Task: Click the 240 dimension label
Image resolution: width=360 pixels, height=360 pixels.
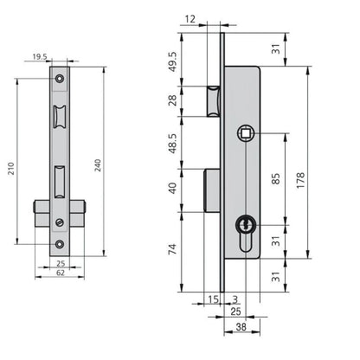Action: tap(98, 165)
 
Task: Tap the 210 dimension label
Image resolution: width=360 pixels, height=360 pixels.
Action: tap(11, 168)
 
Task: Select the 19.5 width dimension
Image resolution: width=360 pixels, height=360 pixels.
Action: tap(40, 57)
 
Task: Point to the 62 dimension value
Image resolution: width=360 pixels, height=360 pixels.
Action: tap(61, 273)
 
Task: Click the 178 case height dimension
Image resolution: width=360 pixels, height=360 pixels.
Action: tap(300, 180)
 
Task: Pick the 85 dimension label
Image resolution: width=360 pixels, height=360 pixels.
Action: tap(276, 179)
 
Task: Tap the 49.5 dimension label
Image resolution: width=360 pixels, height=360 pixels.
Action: tap(173, 62)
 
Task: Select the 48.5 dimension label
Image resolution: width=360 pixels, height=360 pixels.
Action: tap(173, 144)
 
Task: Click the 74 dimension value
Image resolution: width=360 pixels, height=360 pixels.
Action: tap(172, 249)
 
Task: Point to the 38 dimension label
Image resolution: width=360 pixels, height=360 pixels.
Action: tap(241, 327)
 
